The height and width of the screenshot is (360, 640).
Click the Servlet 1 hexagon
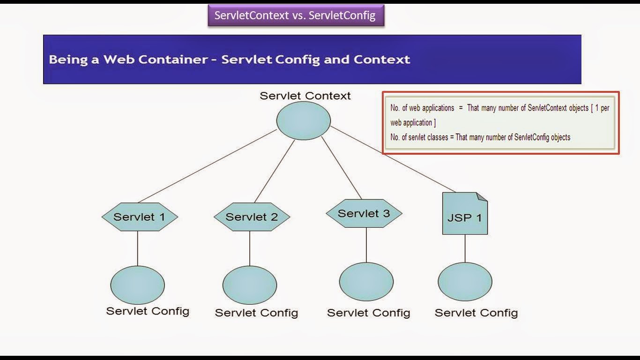pyautogui.click(x=140, y=217)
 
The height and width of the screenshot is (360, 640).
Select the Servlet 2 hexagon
pyautogui.click(x=252, y=217)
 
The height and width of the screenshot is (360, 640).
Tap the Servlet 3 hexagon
pyautogui.click(x=364, y=213)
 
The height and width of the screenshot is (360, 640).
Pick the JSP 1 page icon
pyautogui.click(x=465, y=213)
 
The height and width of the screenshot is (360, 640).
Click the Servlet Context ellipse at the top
pyautogui.click(x=304, y=120)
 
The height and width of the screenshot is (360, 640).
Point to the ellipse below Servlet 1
pyautogui.click(x=137, y=285)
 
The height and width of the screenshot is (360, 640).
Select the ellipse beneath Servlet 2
pyautogui.click(x=250, y=285)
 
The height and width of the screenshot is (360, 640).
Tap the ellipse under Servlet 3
pyautogui.click(x=366, y=282)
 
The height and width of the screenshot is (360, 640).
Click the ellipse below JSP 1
pyautogui.click(x=465, y=282)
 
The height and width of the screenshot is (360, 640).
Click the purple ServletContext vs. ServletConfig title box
pyautogui.click(x=296, y=15)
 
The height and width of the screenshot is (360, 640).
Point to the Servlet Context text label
pyautogui.click(x=305, y=96)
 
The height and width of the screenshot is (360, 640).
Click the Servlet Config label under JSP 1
pyautogui.click(x=476, y=313)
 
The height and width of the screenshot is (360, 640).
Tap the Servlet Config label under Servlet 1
pyautogui.click(x=148, y=311)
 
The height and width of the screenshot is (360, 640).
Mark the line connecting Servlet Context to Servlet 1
pyautogui.click(x=208, y=166)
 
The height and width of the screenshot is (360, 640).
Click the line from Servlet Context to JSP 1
pyautogui.click(x=393, y=159)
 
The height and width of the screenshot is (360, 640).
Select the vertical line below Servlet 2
pyautogui.click(x=250, y=248)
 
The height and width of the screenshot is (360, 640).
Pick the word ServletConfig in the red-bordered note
pyautogui.click(x=531, y=137)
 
